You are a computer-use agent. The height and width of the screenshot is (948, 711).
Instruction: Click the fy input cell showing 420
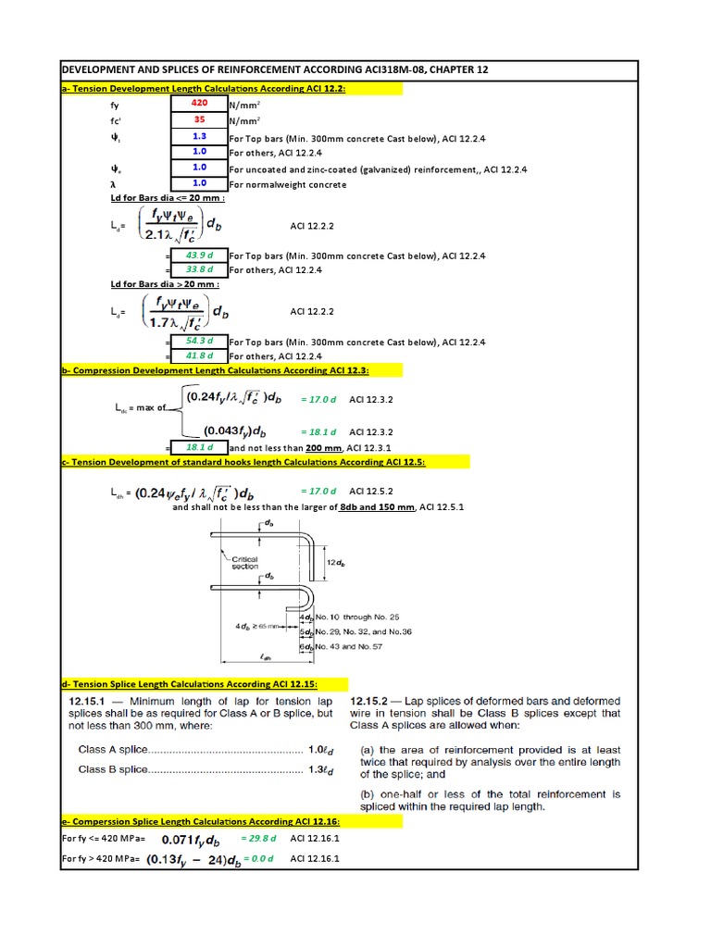coord(199,105)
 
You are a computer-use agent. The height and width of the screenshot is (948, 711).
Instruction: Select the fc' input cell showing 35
coord(199,119)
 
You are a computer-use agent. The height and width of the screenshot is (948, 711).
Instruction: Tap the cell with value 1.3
coord(199,136)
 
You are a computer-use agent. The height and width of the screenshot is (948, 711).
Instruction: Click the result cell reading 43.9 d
coord(199,256)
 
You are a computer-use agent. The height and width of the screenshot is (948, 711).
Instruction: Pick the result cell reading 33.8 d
coord(199,269)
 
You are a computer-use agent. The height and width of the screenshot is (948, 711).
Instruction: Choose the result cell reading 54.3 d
coord(199,342)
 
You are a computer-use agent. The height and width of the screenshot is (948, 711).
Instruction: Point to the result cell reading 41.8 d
coord(199,355)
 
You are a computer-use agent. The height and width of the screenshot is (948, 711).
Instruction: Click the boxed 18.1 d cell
coord(199,447)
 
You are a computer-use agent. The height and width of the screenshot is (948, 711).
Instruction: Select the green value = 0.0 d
coord(258,858)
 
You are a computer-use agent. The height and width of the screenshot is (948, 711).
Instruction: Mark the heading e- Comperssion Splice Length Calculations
coord(200,821)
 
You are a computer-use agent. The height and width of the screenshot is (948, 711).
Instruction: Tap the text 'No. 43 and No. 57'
coord(351,646)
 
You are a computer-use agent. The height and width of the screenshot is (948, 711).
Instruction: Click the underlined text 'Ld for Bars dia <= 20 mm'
coord(168,199)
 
